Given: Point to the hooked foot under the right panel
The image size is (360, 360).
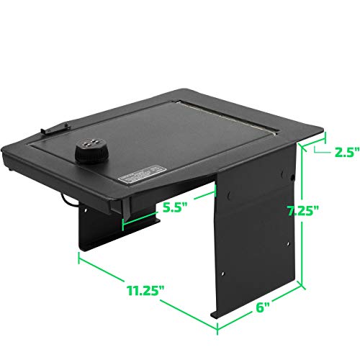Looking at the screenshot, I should (x=216, y=314).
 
